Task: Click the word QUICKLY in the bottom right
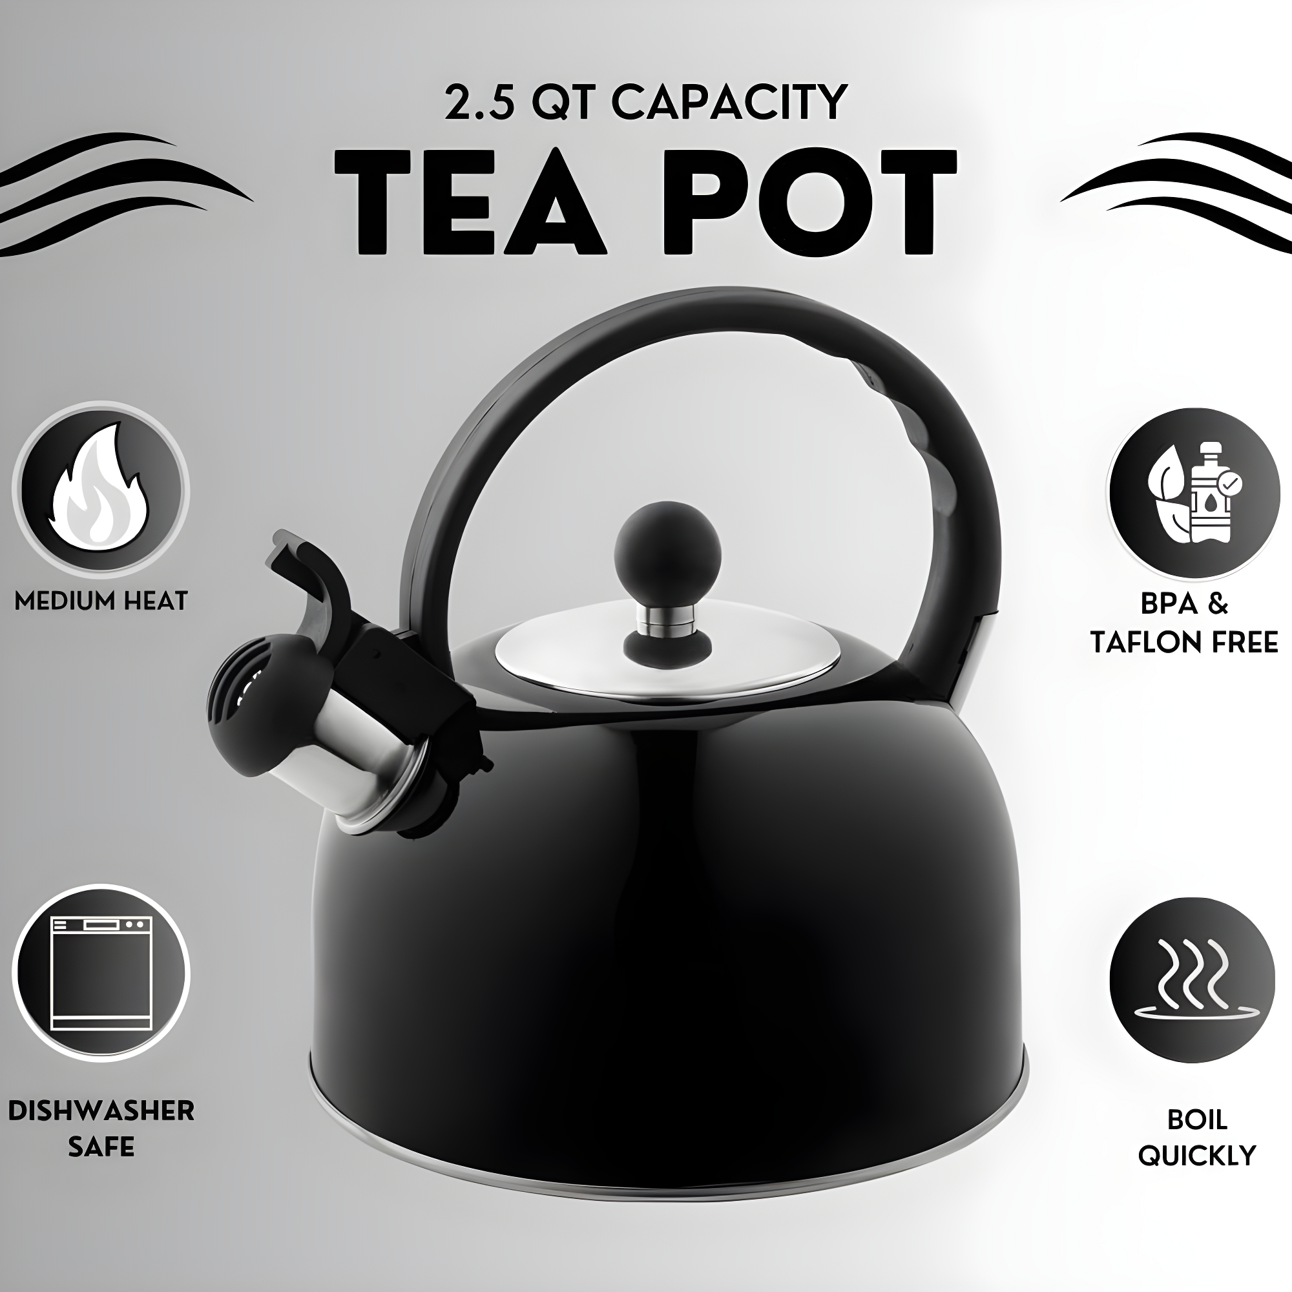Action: (1197, 1155)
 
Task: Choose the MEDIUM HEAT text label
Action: (101, 601)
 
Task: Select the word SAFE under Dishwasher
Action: (101, 1147)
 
